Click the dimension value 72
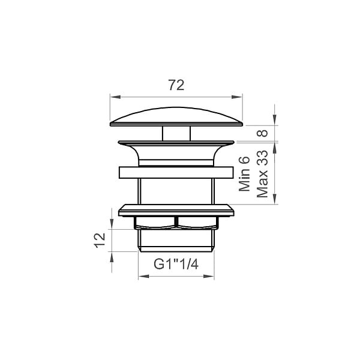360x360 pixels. (176, 85)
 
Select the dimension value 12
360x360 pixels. (100, 241)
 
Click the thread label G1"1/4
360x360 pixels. (176, 264)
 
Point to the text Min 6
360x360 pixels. (244, 174)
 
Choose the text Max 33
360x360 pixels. (262, 174)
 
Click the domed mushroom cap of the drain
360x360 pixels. (176, 117)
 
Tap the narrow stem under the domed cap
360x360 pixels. (176, 133)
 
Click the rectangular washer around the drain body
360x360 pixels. (176, 173)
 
